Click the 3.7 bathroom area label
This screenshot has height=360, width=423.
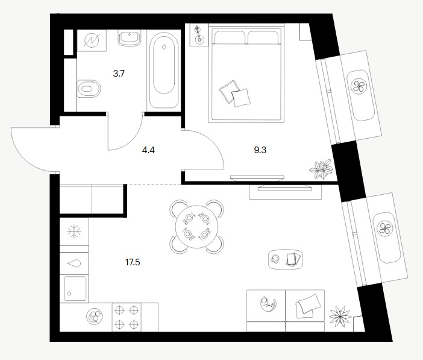point(119,74)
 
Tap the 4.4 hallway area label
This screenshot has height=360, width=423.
point(148,150)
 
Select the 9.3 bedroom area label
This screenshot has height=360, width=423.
point(260,150)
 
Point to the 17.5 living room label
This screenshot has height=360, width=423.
point(133,262)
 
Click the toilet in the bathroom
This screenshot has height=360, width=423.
point(89,89)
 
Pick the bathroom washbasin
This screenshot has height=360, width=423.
point(130,38)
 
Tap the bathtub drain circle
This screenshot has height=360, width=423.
point(164,46)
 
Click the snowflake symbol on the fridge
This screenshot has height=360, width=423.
point(74,232)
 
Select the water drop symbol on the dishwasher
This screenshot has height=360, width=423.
point(74,264)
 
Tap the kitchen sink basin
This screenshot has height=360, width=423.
point(75,288)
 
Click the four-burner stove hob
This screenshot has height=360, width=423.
point(127,317)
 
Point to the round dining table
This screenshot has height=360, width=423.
point(197,227)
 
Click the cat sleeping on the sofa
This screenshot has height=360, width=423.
point(268,304)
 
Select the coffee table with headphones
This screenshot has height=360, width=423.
point(286,259)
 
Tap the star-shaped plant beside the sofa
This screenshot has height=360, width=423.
point(340,316)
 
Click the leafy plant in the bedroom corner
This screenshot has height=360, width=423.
point(322,169)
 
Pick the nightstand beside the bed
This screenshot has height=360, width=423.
point(199,35)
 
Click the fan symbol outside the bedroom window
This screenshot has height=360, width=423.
point(359,86)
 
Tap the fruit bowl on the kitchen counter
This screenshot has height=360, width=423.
point(95,316)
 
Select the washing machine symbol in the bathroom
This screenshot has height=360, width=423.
point(92,40)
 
